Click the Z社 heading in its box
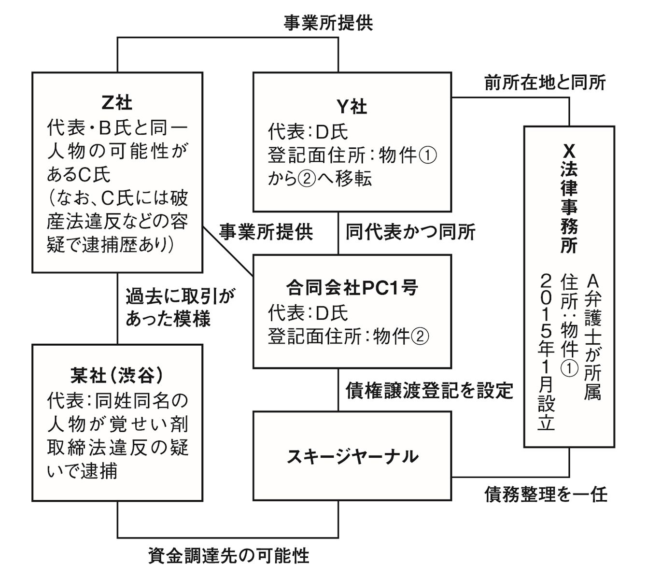pos(117,102)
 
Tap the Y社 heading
pos(352,106)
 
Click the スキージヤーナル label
pos(352,456)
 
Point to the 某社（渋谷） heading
pos(117,375)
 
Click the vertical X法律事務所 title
pos(569,199)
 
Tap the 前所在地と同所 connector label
pos(545,83)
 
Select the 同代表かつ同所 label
pos(410,232)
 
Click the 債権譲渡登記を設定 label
pos(429,390)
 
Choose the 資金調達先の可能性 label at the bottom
pos(228,556)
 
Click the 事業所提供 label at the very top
pos(328,23)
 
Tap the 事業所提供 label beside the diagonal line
pos(266,232)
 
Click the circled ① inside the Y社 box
pos(427,155)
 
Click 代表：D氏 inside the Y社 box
pos(308,131)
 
